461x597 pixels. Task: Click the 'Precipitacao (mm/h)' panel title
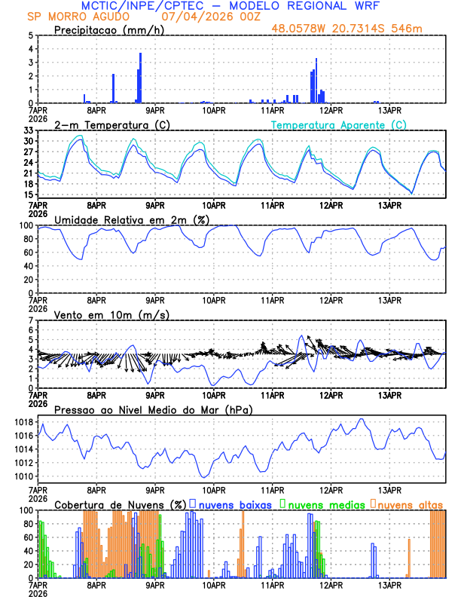[110, 30]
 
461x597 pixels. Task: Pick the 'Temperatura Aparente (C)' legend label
[339, 124]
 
